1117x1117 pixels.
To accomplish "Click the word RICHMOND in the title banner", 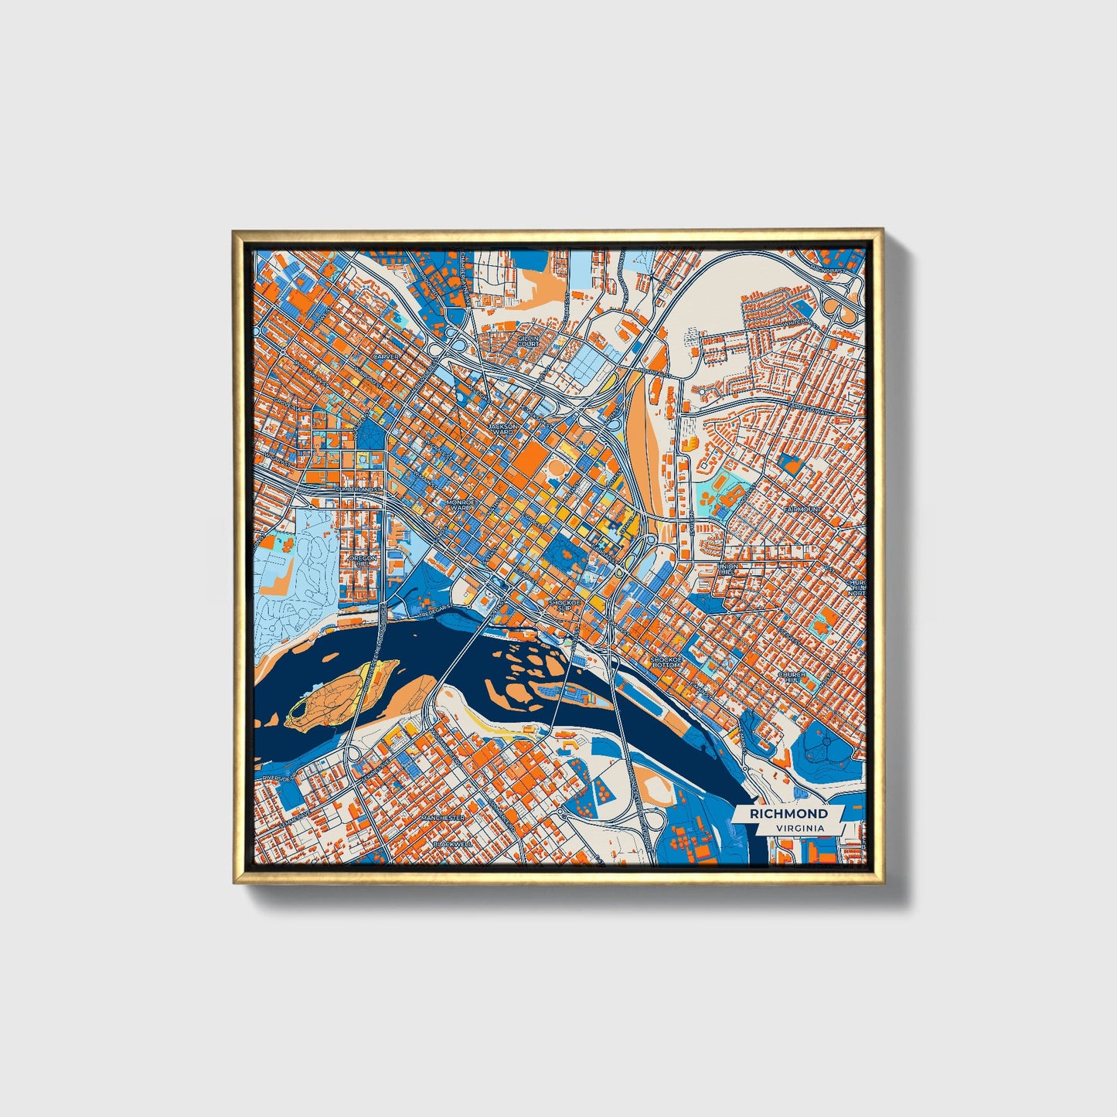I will click(788, 813).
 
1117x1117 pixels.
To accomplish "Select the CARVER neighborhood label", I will click(386, 356).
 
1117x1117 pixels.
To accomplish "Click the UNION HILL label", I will click(727, 570).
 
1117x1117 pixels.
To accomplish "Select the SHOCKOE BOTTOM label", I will click(666, 662).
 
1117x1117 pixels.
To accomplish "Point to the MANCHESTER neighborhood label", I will click(443, 817).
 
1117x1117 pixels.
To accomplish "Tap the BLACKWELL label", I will click(453, 843).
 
